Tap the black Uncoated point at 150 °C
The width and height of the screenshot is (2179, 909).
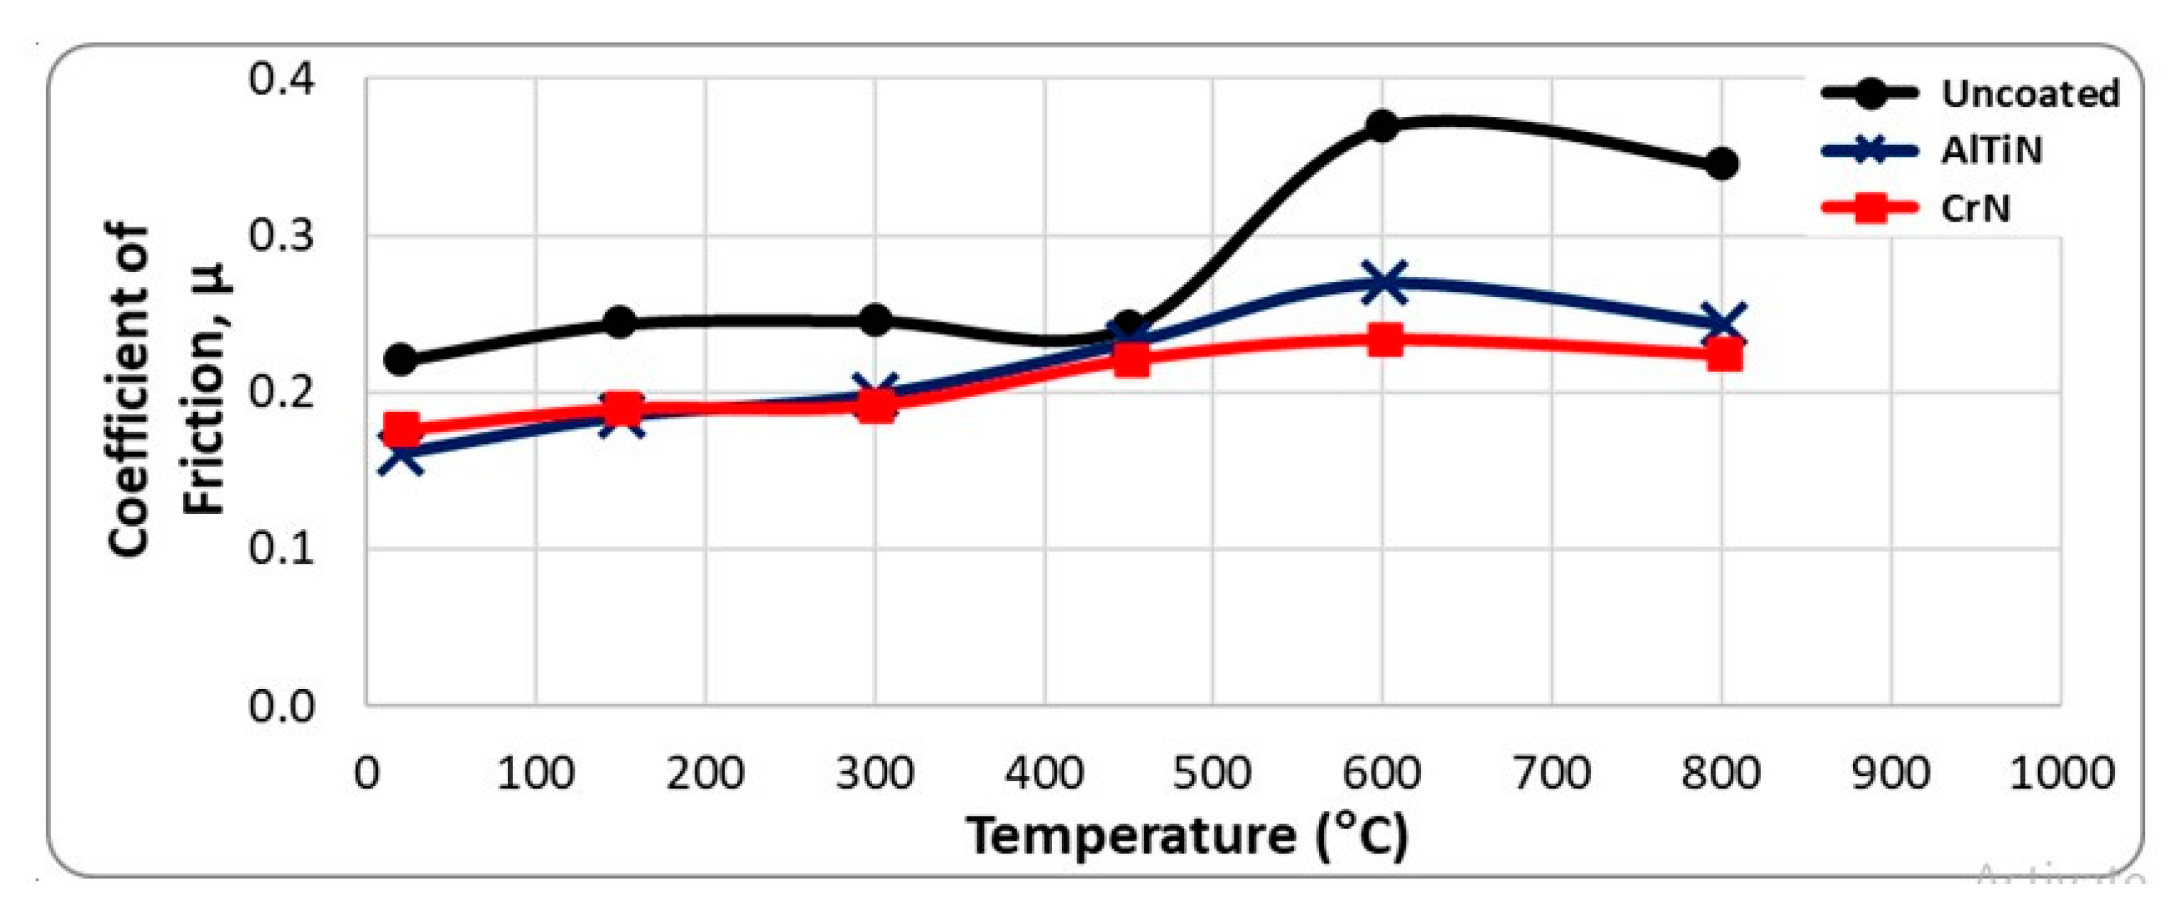[621, 321]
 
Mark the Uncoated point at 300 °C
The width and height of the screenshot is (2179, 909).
[876, 320]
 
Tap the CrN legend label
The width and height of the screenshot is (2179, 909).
[1975, 208]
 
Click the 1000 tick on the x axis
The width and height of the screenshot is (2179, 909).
[2060, 773]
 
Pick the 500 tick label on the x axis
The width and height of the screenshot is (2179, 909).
[1212, 773]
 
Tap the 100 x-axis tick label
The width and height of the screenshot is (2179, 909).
[536, 773]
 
